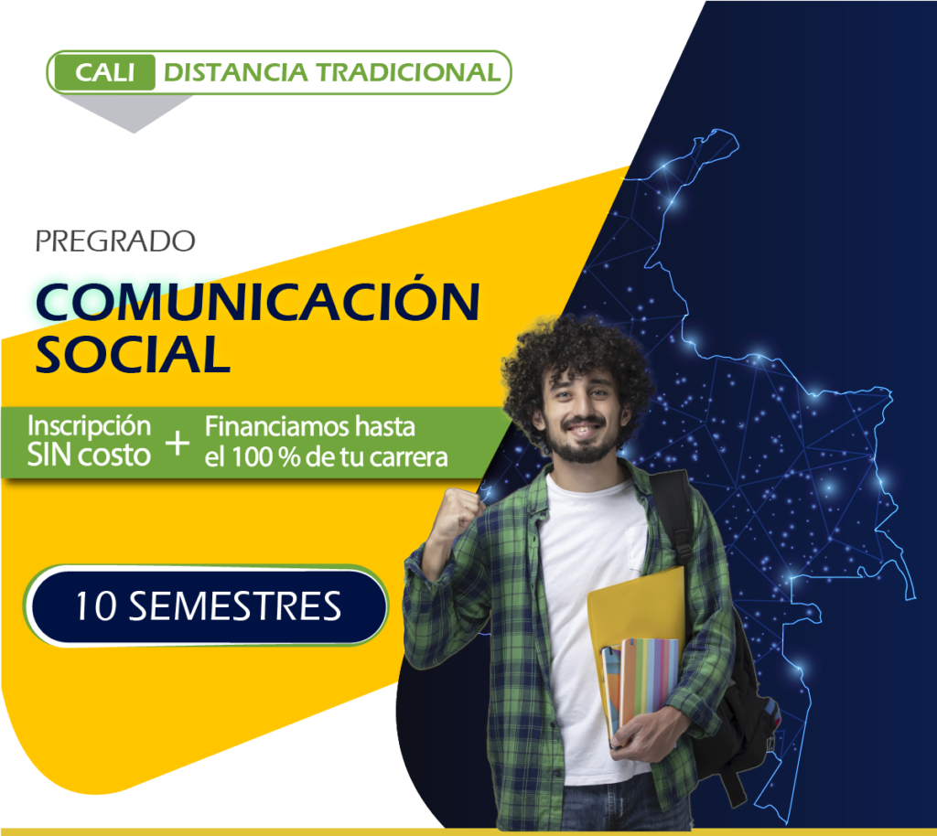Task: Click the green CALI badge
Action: pos(104,73)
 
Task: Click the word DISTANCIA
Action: pos(235,73)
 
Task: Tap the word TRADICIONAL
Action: pos(408,73)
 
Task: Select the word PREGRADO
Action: pos(115,241)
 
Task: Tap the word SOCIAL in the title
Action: pos(133,355)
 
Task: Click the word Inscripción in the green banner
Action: pos(89,427)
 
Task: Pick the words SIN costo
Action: pos(89,455)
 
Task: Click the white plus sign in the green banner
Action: pos(178,444)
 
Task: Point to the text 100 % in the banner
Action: pos(266,457)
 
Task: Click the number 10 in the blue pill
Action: pos(95,606)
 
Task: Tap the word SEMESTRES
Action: pos(235,606)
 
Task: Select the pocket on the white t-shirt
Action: pos(637,550)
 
